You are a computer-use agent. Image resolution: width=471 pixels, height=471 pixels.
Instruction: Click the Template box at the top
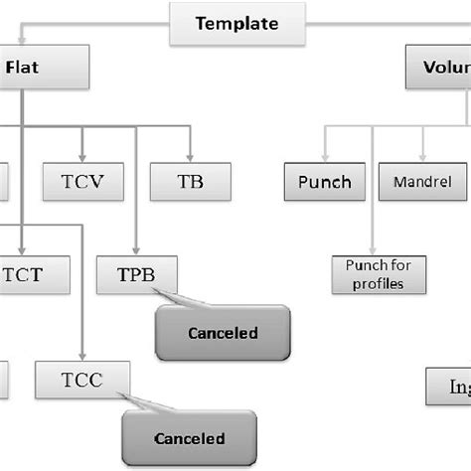pos(235,24)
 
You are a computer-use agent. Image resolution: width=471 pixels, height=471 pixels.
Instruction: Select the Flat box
pos(46,70)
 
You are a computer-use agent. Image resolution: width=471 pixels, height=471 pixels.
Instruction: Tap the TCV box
pos(83,183)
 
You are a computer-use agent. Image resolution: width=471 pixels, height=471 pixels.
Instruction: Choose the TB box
pos(190,183)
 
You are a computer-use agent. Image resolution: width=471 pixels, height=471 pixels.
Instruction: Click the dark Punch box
pos(324,183)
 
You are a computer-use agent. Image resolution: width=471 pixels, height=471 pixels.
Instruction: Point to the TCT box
pos(36,273)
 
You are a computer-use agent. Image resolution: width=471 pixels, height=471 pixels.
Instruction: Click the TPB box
pos(137,273)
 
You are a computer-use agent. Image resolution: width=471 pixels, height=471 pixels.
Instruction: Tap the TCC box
pos(82,380)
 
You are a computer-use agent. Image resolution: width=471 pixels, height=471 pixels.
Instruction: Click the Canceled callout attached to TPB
pos(222,333)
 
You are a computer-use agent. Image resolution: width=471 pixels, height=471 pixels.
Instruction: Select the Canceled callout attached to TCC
pos(189,438)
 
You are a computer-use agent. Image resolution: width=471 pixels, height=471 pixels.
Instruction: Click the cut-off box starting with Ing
pos(449,386)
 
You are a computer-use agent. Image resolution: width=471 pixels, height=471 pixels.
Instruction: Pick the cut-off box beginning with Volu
pos(439,70)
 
